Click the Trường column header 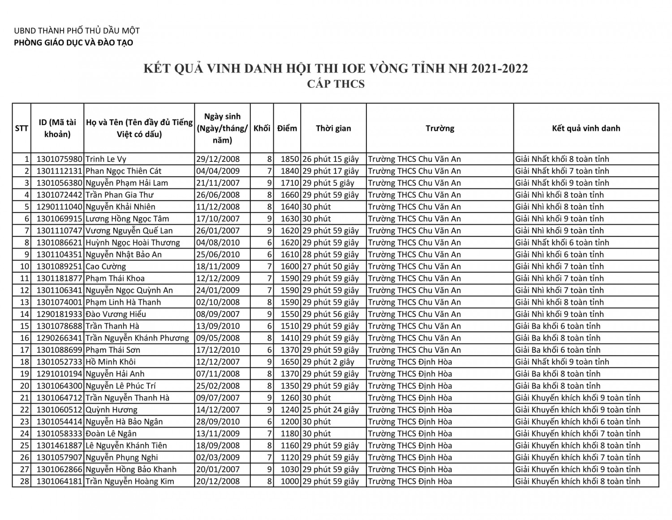tap(440, 128)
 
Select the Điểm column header tap(287, 128)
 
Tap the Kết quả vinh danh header tap(586, 128)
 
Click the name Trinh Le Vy tap(106, 159)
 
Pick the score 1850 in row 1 tap(289, 159)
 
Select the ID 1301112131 tap(59, 171)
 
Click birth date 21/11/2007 tap(218, 183)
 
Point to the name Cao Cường tap(106, 266)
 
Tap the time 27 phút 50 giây tap(331, 266)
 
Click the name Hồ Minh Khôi tap(111, 362)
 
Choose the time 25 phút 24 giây tap(331, 410)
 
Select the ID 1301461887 tap(59, 446)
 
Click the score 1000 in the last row tap(289, 481)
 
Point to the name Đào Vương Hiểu tap(116, 314)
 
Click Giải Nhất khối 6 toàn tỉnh tap(562, 243)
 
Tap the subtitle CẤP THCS tap(336, 84)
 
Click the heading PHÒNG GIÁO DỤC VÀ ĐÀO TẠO tap(73, 43)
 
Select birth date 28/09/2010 tap(218, 422)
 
